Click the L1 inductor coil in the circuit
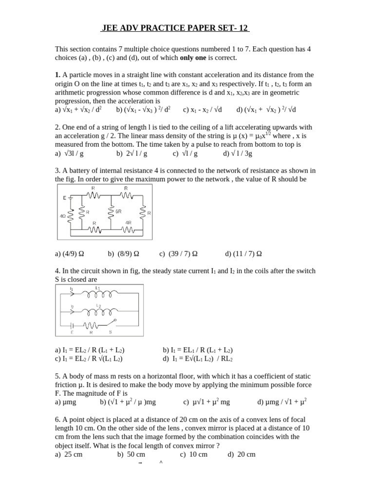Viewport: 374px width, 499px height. tap(99, 294)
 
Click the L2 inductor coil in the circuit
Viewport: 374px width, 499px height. tap(99, 311)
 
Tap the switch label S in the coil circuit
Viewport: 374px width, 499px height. tap(110, 332)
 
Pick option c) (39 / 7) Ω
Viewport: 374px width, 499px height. tap(178, 254)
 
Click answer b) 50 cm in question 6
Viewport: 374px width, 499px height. tap(131, 454)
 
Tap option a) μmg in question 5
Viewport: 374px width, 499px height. tap(66, 402)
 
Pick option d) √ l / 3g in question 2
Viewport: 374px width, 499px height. tap(238, 153)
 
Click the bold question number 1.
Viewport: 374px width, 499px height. tap(57, 75)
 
